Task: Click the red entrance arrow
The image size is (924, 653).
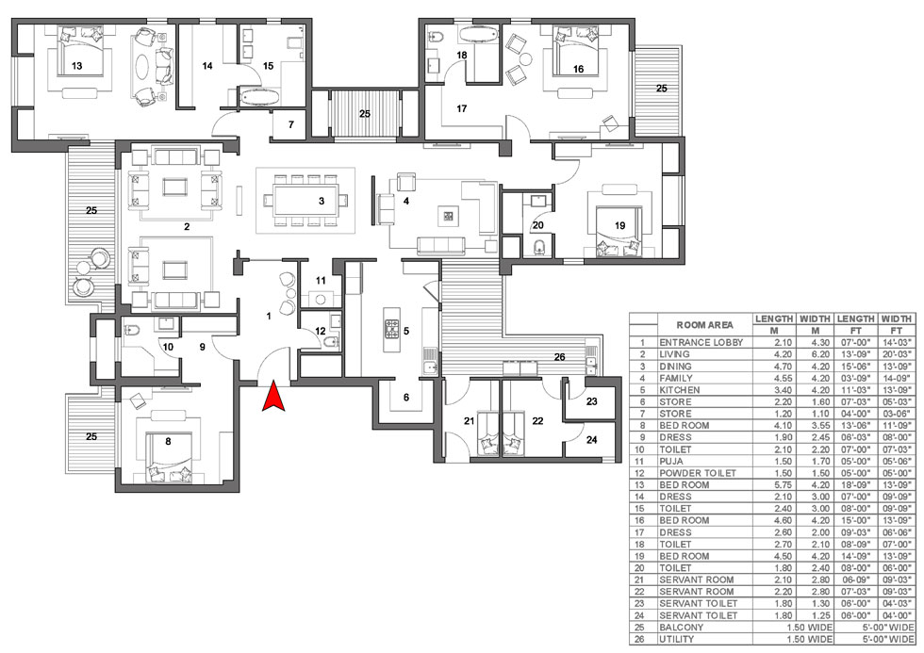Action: click(x=273, y=396)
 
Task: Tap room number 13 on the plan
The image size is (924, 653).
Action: click(x=76, y=66)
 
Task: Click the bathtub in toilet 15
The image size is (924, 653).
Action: click(x=260, y=97)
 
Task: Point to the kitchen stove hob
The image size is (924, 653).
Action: click(x=392, y=330)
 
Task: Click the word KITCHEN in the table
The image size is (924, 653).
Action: click(x=680, y=390)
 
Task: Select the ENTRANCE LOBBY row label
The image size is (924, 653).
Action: click(x=701, y=342)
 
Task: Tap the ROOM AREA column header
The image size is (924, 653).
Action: click(x=705, y=325)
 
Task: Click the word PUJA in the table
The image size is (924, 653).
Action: click(x=671, y=461)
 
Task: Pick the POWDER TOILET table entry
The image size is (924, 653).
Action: click(x=697, y=473)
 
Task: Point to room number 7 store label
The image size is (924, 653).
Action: click(x=290, y=124)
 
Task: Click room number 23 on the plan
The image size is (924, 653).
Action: click(x=592, y=401)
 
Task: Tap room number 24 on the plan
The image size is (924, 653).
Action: click(x=592, y=440)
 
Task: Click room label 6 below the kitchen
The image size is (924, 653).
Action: click(x=406, y=398)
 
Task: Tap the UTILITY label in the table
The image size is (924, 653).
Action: click(x=677, y=639)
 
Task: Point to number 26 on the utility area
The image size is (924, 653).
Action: click(x=559, y=357)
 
